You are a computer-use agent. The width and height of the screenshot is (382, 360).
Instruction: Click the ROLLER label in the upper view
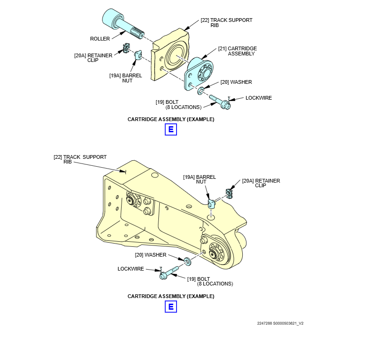click(x=100, y=39)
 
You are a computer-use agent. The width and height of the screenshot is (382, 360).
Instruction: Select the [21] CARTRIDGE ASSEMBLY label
click(x=238, y=51)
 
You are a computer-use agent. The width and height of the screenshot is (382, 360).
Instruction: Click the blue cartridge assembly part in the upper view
click(x=199, y=74)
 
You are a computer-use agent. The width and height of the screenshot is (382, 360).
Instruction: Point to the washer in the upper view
click(x=201, y=91)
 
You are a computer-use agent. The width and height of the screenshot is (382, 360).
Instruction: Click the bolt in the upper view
click(x=220, y=102)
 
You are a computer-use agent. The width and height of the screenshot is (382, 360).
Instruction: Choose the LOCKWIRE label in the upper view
click(x=259, y=98)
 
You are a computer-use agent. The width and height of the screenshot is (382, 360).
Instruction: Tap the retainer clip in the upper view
click(x=126, y=48)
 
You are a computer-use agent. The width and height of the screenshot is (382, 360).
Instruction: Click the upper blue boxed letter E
click(x=171, y=129)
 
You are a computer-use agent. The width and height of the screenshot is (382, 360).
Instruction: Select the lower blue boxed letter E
click(x=171, y=306)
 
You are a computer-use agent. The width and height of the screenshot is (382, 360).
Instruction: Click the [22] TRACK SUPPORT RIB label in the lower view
click(x=80, y=159)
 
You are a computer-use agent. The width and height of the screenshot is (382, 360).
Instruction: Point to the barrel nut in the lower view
click(x=211, y=203)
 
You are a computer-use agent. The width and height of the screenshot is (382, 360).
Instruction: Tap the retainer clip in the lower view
click(x=229, y=193)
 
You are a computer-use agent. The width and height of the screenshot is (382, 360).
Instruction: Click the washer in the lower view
click(x=187, y=261)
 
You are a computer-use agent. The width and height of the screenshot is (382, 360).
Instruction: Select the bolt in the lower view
click(x=169, y=273)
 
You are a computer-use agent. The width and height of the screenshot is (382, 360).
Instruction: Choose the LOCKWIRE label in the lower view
click(x=130, y=269)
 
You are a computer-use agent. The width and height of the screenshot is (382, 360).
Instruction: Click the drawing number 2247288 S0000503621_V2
click(x=280, y=323)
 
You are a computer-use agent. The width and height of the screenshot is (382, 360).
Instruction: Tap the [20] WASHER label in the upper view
click(x=236, y=82)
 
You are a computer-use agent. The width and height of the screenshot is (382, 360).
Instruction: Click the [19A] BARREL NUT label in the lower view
click(x=199, y=179)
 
